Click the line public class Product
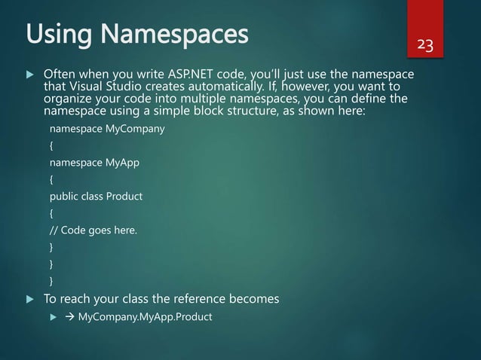96,197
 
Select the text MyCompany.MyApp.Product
146,316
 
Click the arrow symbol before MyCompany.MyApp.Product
70,316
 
